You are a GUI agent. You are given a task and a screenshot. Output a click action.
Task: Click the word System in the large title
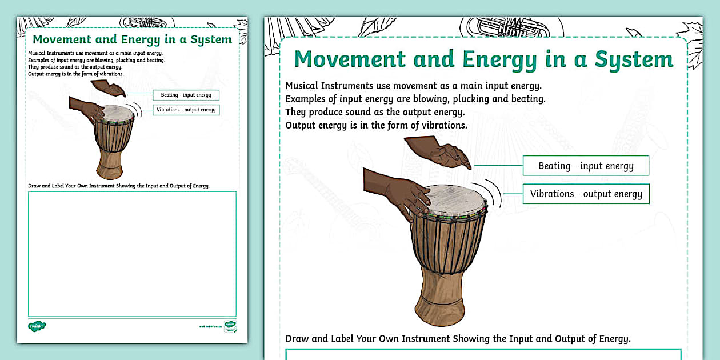click(634, 59)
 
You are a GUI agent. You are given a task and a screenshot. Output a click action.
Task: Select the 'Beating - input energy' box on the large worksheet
click(586, 166)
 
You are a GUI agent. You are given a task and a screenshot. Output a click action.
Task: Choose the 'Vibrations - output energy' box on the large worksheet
click(586, 194)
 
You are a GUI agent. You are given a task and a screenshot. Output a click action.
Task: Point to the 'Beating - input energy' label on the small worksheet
click(186, 95)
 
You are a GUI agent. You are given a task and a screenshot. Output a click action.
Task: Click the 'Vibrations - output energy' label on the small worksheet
click(186, 110)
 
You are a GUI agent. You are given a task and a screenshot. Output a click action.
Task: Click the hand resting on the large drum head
click(400, 191)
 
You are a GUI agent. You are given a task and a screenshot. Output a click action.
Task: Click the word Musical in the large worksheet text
click(303, 86)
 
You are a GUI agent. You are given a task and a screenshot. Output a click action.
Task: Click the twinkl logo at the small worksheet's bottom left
click(37, 326)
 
